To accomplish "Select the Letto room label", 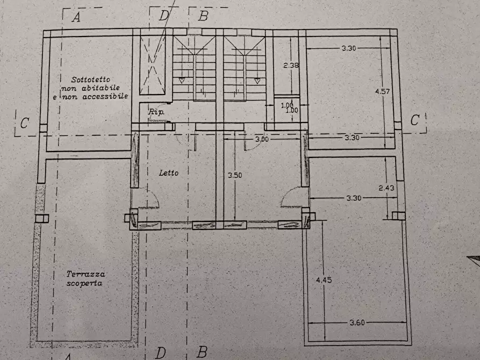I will tap(168, 173).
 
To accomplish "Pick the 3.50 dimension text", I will tap(234, 175).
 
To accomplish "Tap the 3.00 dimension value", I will tap(261, 139).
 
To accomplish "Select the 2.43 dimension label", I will tap(386, 188).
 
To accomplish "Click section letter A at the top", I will tap(76, 17).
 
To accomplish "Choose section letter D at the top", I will tap(163, 15).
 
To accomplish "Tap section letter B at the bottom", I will tap(202, 352).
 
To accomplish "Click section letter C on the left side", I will tap(24, 123).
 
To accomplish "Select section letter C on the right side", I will tap(414, 120).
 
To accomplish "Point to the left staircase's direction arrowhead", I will tap(182, 81).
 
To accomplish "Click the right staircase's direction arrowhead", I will tap(257, 81).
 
